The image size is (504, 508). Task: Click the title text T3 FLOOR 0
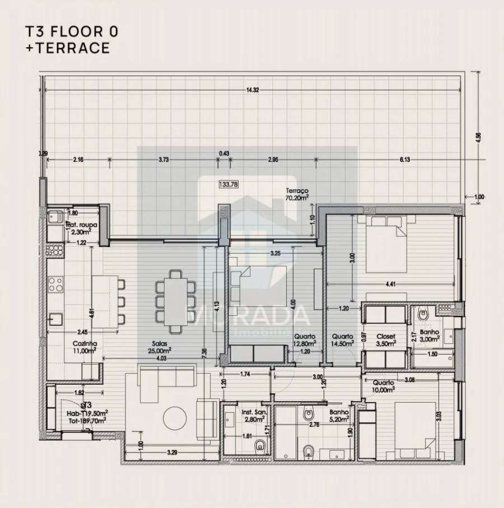[72, 31]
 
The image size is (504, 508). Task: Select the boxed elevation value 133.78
[227, 183]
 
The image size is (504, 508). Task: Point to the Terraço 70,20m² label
[297, 194]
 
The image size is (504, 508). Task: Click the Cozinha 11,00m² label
[85, 347]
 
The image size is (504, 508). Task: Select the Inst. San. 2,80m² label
[254, 415]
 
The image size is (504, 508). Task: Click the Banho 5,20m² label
[339, 414]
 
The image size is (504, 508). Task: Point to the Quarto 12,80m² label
[305, 340]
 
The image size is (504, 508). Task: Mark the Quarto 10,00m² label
[384, 386]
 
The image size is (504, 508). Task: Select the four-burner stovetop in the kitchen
[55, 284]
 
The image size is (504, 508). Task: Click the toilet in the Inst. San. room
[260, 446]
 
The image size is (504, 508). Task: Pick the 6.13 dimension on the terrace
[404, 160]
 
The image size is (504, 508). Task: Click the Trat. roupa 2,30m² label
[82, 227]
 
